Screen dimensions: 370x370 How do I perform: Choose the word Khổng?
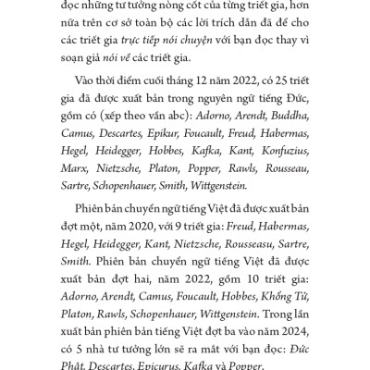click(x=277, y=298)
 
